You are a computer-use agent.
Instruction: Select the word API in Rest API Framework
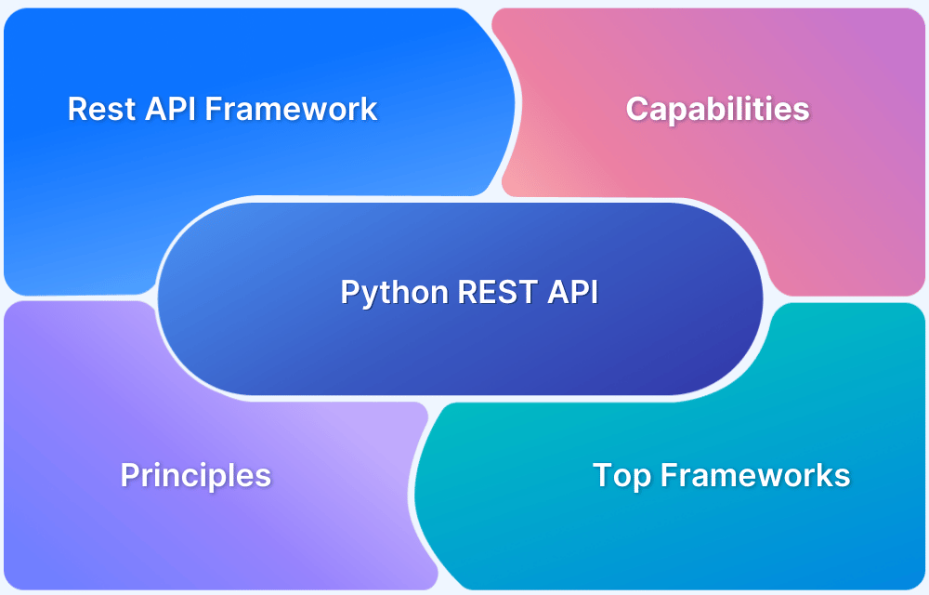pos(170,109)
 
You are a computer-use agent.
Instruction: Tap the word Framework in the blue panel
pos(291,109)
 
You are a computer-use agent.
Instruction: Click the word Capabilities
pos(717,109)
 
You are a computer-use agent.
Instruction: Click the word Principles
pos(195,476)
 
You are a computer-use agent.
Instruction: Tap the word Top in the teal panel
pos(614,476)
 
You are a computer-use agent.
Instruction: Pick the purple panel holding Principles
pos(139,539)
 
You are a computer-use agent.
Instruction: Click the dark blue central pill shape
pos(464,344)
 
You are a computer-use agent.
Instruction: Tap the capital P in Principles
pos(129,476)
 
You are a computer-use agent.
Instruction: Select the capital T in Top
pos(602,476)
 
